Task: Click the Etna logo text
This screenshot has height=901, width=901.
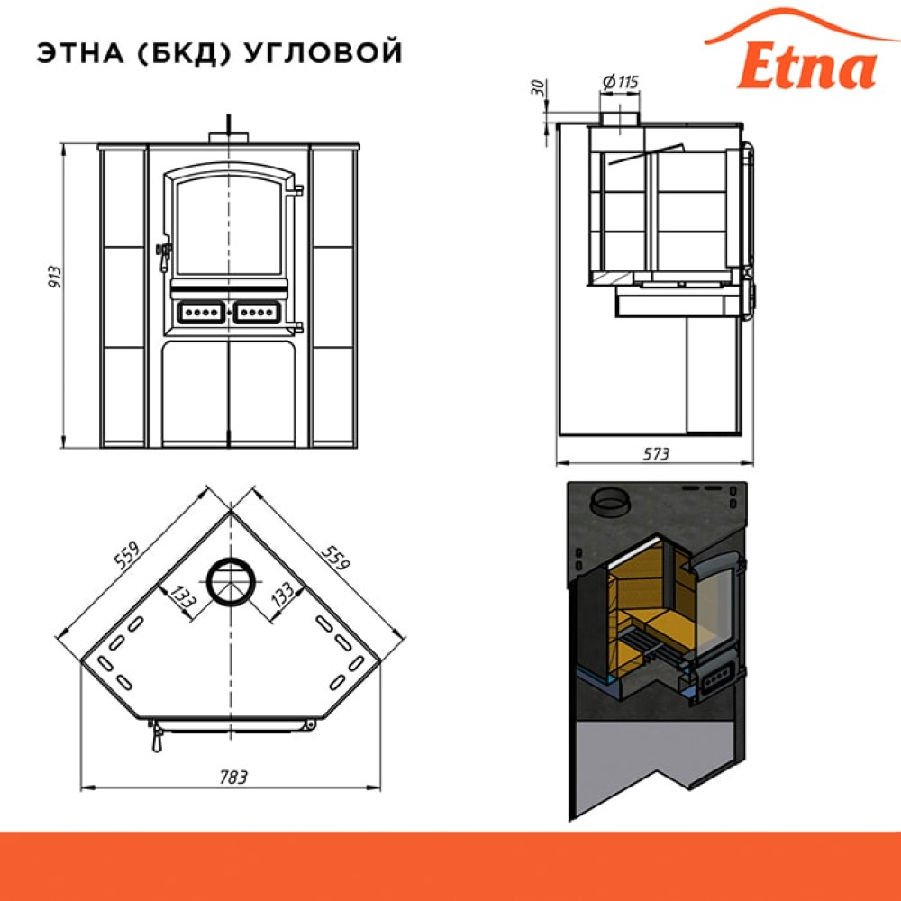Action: [806, 68]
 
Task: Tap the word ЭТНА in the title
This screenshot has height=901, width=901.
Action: [81, 53]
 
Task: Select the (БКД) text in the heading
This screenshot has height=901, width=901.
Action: [185, 53]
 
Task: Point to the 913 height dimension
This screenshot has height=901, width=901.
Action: [55, 277]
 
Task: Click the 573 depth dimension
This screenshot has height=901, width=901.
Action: [656, 454]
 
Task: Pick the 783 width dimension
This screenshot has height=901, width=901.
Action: [233, 778]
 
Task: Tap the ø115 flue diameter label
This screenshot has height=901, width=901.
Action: [621, 82]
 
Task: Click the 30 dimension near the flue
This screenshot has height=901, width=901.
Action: [539, 87]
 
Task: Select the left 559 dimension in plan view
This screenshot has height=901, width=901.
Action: [127, 554]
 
